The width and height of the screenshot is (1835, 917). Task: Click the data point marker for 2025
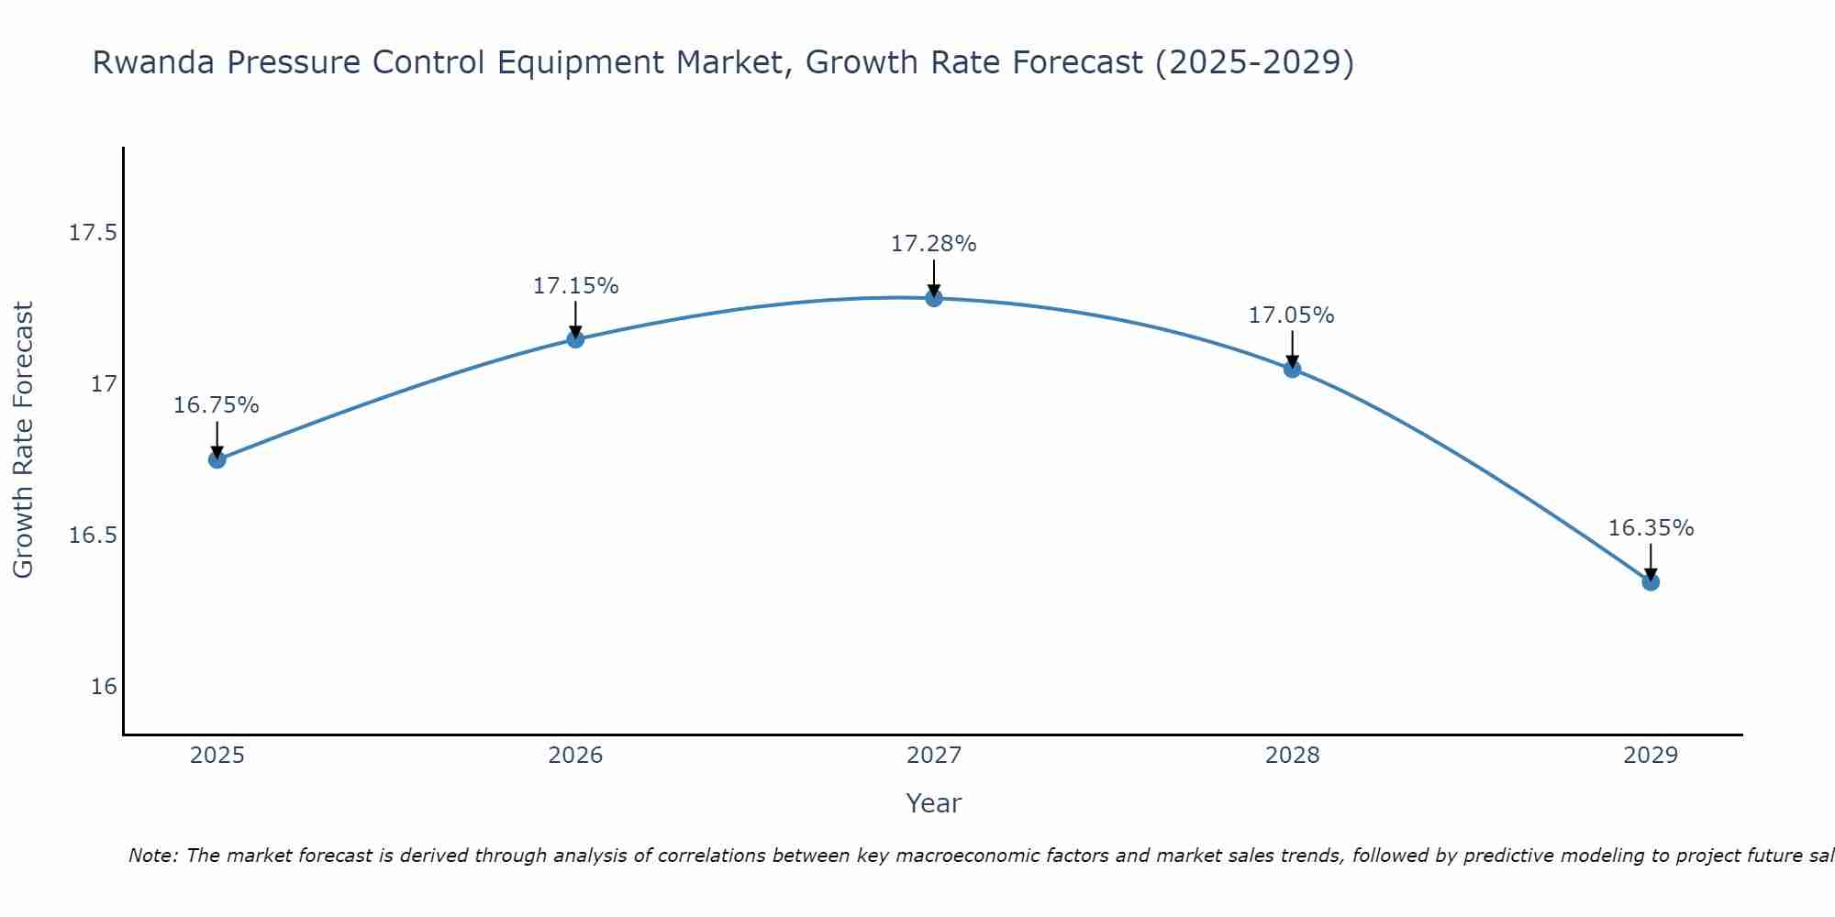(x=217, y=459)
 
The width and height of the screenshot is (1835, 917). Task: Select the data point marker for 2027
(x=934, y=298)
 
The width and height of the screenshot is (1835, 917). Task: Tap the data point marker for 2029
(x=1651, y=581)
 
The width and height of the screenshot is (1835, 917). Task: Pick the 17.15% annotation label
(x=575, y=286)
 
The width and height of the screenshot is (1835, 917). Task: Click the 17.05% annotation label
(x=1291, y=315)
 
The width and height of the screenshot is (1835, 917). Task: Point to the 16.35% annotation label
(x=1651, y=528)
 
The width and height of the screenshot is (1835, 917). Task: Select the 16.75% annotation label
(x=217, y=405)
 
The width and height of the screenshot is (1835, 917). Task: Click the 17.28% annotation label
(x=933, y=244)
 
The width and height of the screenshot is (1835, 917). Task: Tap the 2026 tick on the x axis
(x=575, y=756)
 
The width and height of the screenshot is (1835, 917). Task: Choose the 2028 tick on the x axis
(x=1292, y=756)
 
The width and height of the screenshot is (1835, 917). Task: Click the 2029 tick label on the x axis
(x=1651, y=756)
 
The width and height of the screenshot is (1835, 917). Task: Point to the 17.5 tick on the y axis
(x=94, y=232)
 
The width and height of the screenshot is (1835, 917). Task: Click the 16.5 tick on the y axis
(x=94, y=536)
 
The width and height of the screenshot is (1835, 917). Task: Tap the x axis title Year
(x=933, y=803)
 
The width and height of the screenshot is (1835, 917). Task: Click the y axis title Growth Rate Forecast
(x=23, y=440)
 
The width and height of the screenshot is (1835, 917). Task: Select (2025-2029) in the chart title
(x=1254, y=62)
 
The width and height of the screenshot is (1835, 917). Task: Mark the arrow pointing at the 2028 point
(x=1292, y=348)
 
